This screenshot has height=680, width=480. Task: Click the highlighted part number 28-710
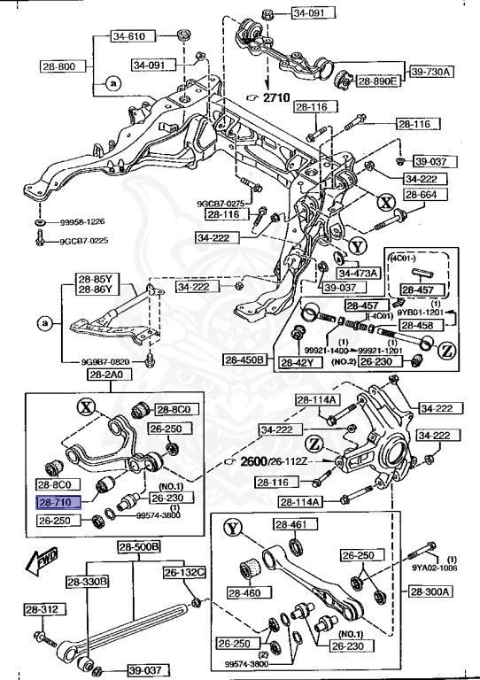[x=57, y=501]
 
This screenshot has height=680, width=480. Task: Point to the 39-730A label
[x=430, y=70]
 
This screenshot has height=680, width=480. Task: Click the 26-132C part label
[x=182, y=573]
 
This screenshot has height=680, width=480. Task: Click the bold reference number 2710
[x=281, y=100]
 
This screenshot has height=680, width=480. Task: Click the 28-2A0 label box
[x=105, y=375]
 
